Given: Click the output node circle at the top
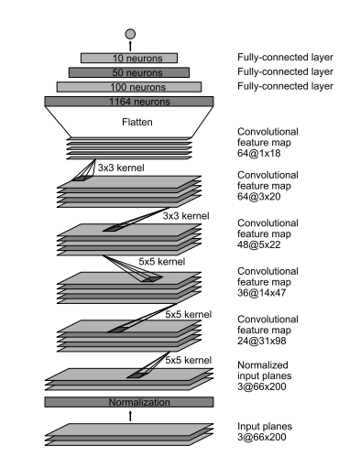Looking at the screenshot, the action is tap(130, 34).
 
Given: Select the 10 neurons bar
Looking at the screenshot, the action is tap(129, 58).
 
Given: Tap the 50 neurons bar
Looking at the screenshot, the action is tap(129, 72).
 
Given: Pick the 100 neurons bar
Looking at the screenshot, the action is tap(129, 87).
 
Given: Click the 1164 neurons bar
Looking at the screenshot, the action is tap(129, 102).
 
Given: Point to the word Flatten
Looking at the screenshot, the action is tap(137, 122).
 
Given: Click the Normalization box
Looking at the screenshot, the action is tap(129, 402).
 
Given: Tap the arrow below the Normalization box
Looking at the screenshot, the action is tap(130, 416).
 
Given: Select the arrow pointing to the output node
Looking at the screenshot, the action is tap(130, 46).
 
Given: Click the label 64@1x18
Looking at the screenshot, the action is tap(259, 153).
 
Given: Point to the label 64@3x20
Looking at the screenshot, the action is tap(259, 196).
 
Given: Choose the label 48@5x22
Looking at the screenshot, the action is tap(259, 244).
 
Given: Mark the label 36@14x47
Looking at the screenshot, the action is tap(262, 292).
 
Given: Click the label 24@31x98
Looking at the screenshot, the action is tap(262, 341).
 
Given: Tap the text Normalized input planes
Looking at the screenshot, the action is tap(265, 371).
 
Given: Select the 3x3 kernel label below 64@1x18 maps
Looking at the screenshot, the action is tap(121, 168).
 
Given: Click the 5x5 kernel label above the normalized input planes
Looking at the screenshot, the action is tap(189, 360).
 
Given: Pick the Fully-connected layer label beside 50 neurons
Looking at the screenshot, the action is tap(285, 71).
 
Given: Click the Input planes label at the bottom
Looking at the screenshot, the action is tap(265, 426).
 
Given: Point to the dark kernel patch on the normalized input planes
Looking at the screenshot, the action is tap(136, 375).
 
